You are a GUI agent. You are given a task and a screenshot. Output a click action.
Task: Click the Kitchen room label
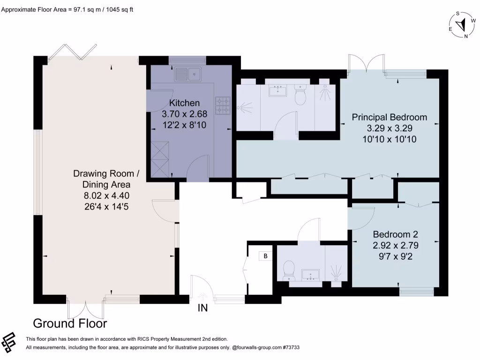184,103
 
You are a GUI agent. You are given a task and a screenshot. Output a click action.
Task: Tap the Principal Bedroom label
390,117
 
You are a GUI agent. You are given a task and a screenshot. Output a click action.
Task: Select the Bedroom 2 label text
396,234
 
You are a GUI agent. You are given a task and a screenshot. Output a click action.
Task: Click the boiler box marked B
265,256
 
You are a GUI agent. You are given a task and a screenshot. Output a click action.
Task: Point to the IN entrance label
202,307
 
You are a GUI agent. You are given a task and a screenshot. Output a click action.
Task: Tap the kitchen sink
187,75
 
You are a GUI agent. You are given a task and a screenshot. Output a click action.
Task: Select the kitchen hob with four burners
223,105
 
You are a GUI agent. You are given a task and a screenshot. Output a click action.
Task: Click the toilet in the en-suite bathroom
300,95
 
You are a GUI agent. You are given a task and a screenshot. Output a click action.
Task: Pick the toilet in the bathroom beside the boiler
289,270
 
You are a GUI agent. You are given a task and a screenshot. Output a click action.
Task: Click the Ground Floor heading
70,323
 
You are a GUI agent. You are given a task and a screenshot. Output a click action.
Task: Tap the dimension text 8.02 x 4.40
106,195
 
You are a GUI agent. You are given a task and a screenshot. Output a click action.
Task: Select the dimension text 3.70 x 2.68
184,114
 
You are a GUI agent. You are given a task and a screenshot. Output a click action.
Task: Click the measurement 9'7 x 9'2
396,256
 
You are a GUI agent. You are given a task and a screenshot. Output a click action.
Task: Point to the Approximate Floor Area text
67,9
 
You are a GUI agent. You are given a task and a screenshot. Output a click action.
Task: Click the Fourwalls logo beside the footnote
8,343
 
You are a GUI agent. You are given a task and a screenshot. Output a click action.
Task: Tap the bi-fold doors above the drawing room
73,52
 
